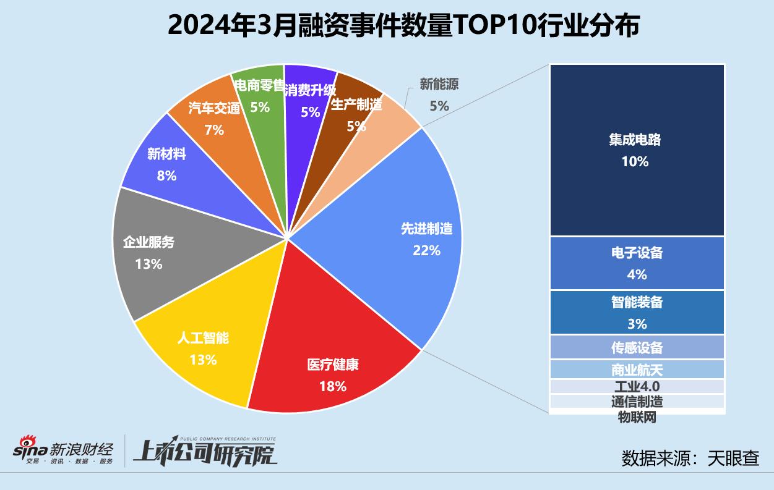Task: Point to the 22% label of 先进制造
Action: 426,250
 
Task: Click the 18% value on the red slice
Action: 333,387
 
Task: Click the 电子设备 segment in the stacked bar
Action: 637,263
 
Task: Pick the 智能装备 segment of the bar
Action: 637,312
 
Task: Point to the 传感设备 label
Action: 637,347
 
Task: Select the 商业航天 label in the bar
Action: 637,370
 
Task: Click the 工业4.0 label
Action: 637,387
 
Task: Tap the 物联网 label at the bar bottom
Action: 637,418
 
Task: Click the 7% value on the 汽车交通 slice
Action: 213,130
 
